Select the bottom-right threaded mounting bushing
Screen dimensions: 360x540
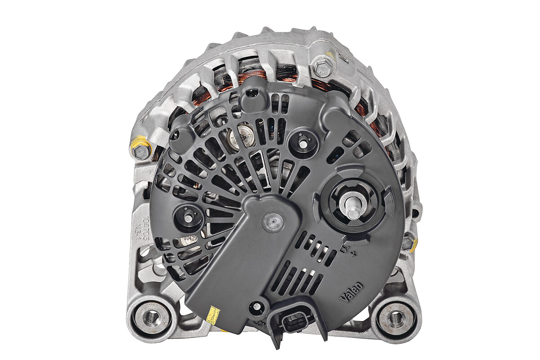click(395, 317)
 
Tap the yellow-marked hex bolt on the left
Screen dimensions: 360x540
click(141, 152)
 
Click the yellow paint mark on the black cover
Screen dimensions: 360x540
click(212, 315)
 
